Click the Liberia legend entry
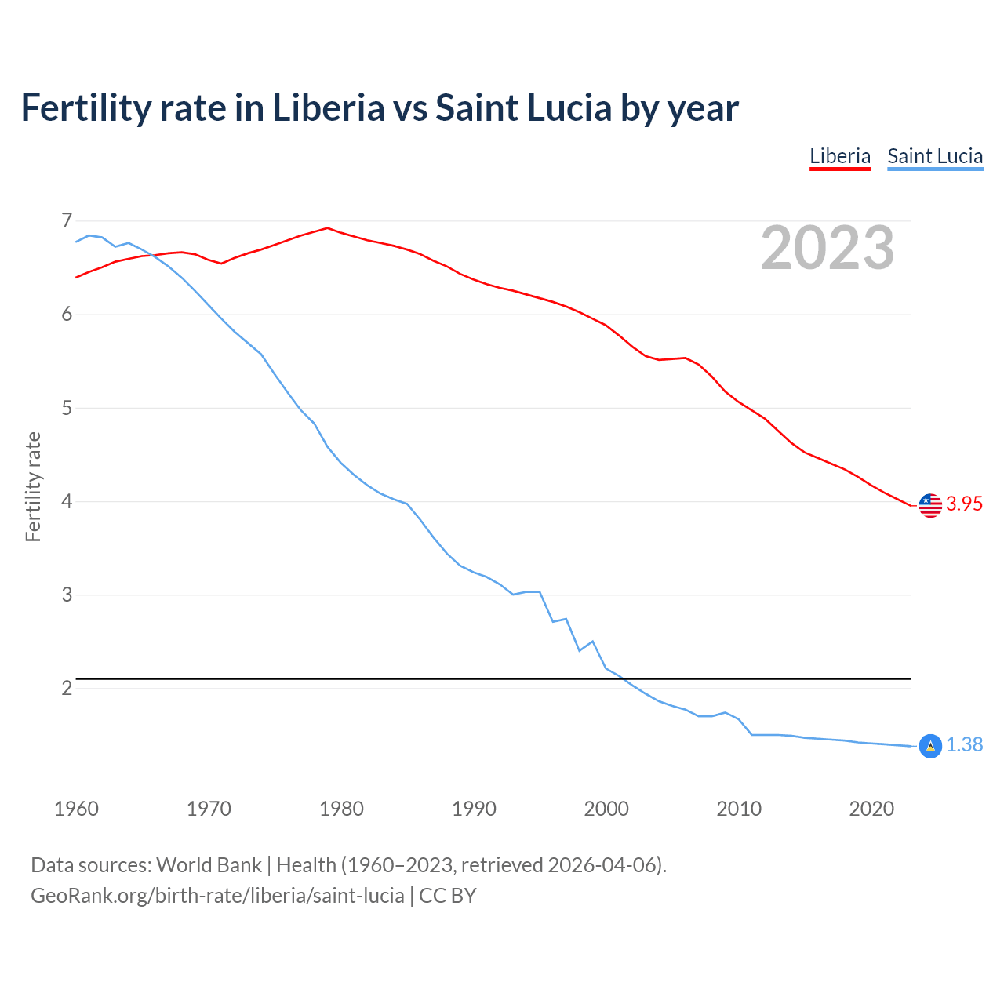pos(840,156)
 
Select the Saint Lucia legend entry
pos(935,156)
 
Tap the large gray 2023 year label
pos(828,248)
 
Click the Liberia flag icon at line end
pos(930,505)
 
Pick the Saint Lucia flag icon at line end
pos(930,746)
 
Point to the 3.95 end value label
pos(964,504)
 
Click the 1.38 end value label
pos(964,745)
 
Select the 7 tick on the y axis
pos(67,220)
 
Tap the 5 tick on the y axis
pos(67,408)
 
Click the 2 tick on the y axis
pos(67,688)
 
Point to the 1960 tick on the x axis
pos(76,809)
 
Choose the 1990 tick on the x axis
pos(474,809)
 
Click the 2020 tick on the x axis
pos(871,809)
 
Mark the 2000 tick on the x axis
pos(606,809)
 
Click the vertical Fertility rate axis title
pos(33,486)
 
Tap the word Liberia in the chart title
pos(328,108)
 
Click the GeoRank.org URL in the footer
pos(217,896)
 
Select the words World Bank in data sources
pos(209,865)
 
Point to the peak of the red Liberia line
pos(328,228)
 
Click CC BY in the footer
pos(447,896)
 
